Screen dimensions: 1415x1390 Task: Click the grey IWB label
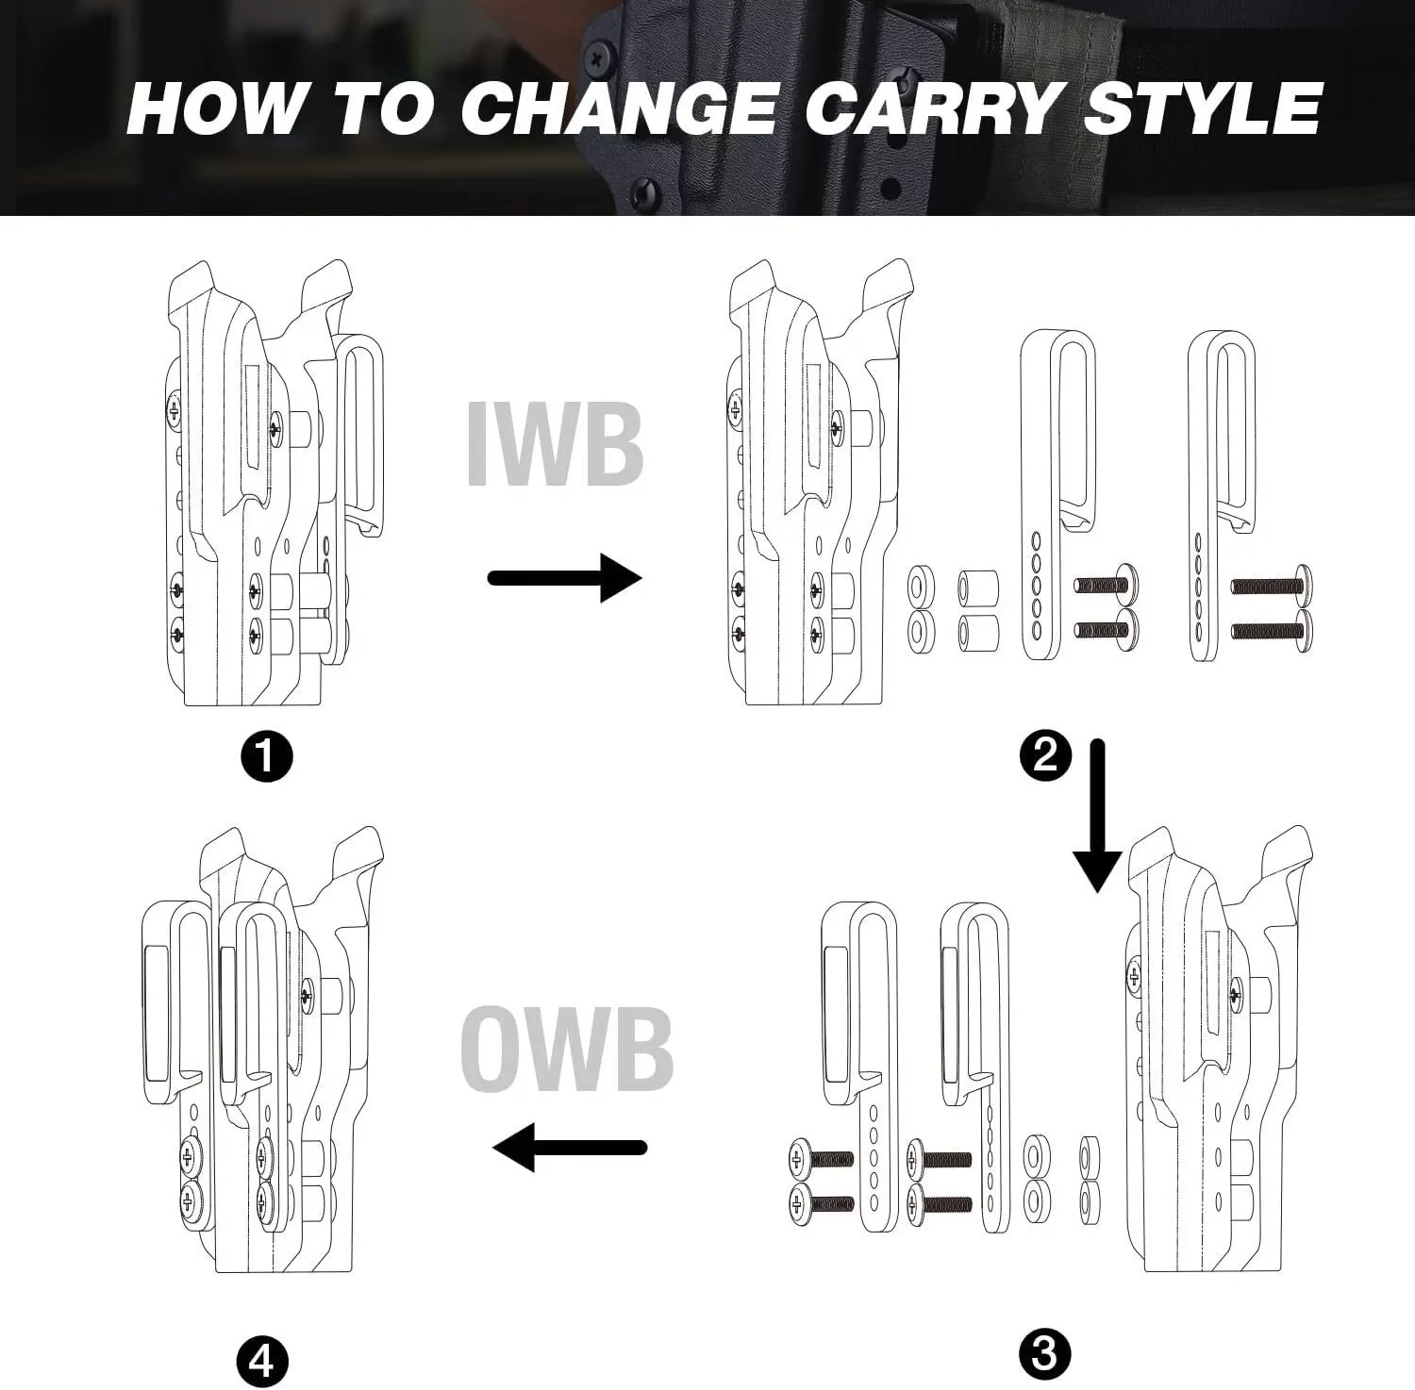556,445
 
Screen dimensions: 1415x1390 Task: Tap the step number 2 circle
1045,756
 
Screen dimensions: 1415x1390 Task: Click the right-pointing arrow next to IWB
565,577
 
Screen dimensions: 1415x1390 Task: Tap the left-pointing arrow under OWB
571,1148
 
